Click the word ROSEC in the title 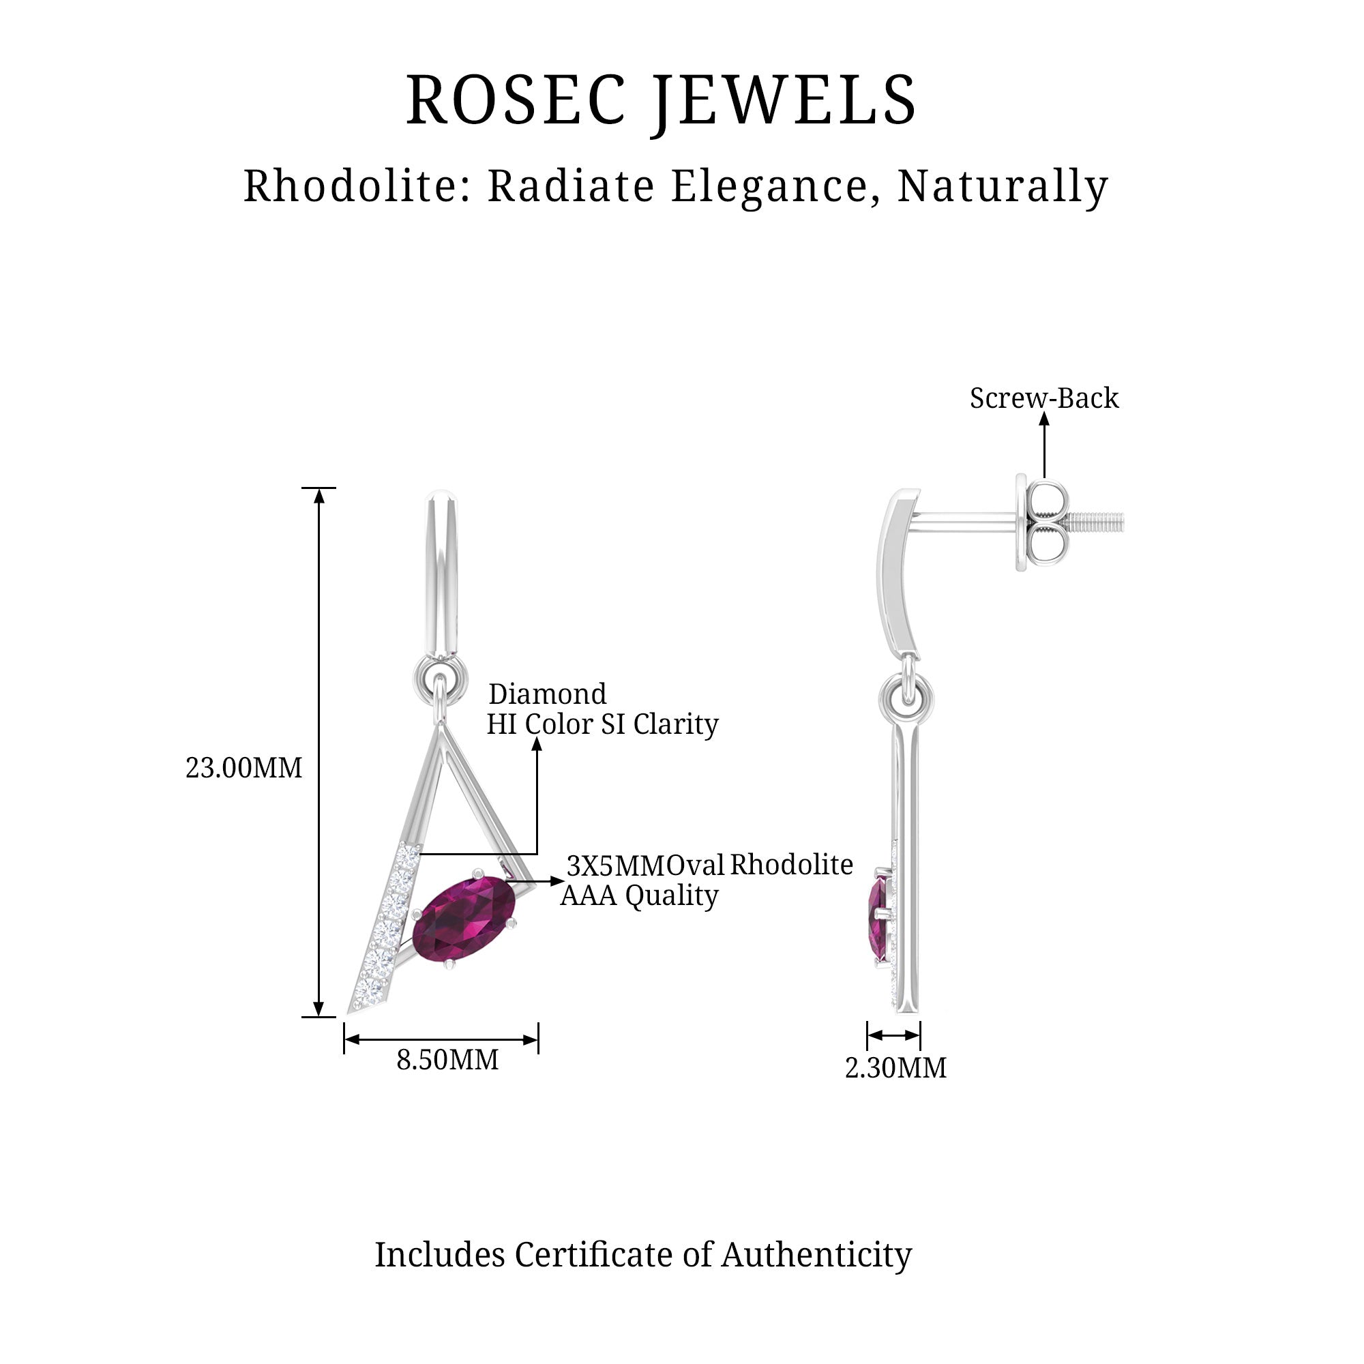[516, 100]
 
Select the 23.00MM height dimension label [243, 768]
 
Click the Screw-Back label [1043, 398]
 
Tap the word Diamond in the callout [547, 694]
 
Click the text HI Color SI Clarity [602, 724]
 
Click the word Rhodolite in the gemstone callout [790, 865]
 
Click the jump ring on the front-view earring [441, 679]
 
